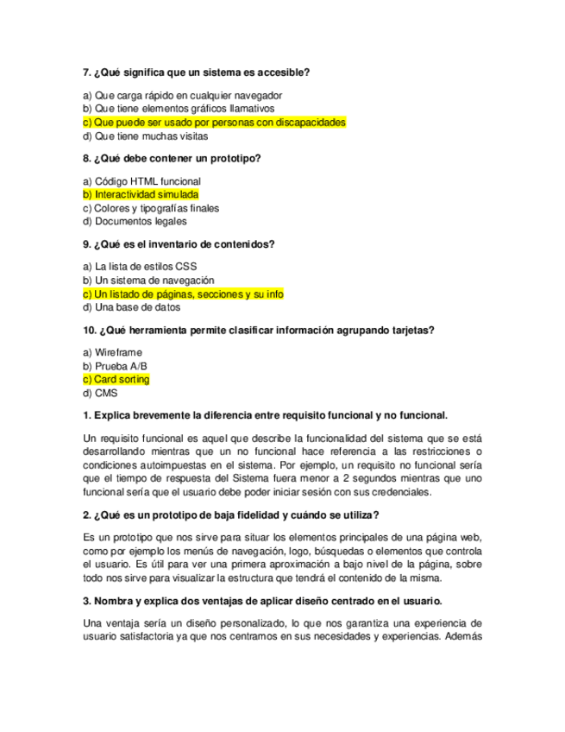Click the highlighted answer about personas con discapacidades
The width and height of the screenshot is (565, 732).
coord(214,123)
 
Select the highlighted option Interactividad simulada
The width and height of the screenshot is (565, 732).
coord(141,195)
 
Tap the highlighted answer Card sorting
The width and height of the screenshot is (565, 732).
coord(116,379)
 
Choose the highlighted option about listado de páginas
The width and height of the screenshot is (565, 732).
coord(183,294)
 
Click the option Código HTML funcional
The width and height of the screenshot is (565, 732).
coord(141,181)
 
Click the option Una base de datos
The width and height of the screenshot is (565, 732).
coord(133,307)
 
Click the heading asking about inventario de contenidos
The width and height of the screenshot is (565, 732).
coord(179,244)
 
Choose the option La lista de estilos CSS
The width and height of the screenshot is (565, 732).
coord(134,267)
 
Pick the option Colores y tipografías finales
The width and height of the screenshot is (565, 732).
coord(151,208)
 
